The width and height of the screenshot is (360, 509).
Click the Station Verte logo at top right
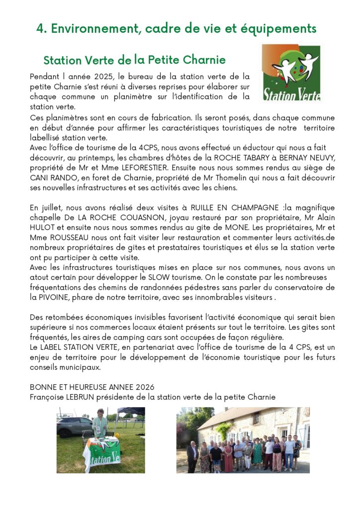[x=291, y=73]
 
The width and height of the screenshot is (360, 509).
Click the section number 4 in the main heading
[x=40, y=29]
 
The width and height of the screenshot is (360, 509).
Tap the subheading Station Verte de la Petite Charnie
[x=134, y=60]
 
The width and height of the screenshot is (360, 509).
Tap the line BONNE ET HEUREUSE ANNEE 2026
[x=92, y=387]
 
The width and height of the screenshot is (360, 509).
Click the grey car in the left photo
[x=74, y=427]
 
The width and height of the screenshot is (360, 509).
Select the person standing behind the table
[x=100, y=424]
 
